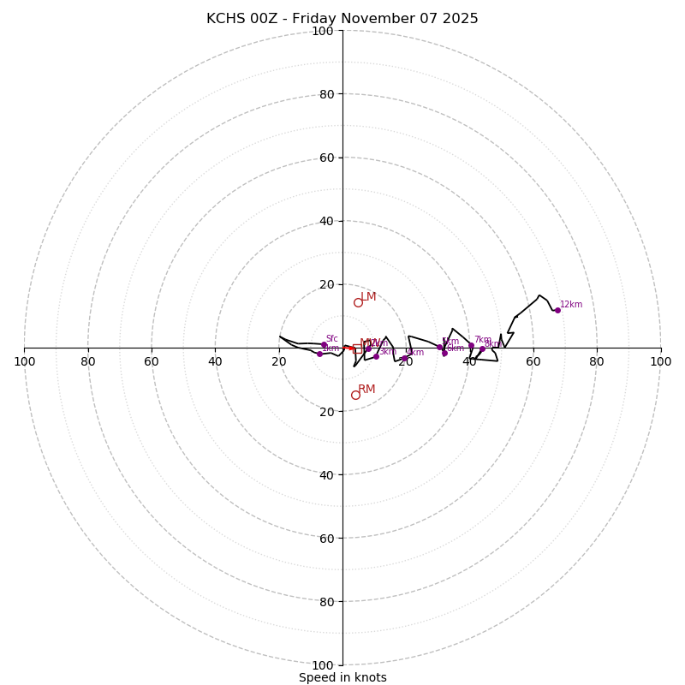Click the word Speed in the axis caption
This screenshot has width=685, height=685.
click(x=315, y=677)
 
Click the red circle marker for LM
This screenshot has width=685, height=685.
click(x=358, y=302)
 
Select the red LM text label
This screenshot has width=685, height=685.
click(x=368, y=297)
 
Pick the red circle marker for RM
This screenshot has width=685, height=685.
click(x=355, y=395)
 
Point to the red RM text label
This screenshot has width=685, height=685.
click(x=366, y=390)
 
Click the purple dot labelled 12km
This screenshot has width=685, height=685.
click(x=557, y=310)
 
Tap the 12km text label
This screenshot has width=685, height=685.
click(x=571, y=305)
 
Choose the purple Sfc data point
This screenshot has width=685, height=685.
click(x=324, y=344)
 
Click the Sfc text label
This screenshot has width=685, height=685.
click(x=331, y=339)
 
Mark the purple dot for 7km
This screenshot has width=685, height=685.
click(x=471, y=345)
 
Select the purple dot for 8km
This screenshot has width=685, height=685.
click(x=482, y=348)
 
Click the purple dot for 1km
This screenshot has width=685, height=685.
click(x=319, y=354)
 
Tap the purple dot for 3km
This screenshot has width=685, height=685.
click(x=376, y=356)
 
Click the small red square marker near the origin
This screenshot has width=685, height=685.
click(x=357, y=348)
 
